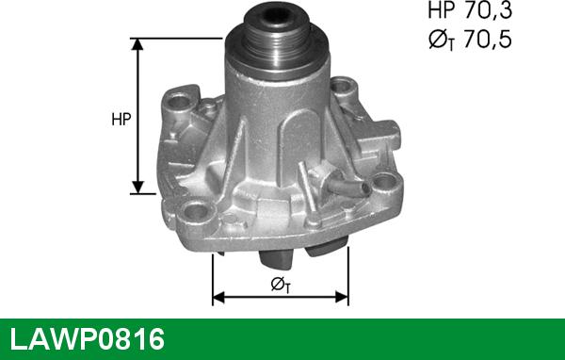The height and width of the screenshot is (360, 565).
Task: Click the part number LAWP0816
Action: [88, 339]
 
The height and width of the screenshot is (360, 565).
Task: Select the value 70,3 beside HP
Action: [488, 9]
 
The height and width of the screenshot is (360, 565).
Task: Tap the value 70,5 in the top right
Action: [488, 39]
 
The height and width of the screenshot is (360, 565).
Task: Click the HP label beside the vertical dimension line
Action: [121, 119]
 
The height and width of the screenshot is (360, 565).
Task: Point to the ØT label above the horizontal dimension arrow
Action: [281, 285]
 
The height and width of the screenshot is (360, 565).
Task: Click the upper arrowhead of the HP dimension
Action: [137, 43]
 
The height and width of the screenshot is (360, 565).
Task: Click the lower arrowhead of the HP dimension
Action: [137, 188]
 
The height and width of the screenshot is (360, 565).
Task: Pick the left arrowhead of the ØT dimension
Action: [218, 297]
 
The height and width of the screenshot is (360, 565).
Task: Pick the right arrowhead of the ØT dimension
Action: [343, 297]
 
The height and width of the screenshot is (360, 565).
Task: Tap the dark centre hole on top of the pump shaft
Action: [278, 14]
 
